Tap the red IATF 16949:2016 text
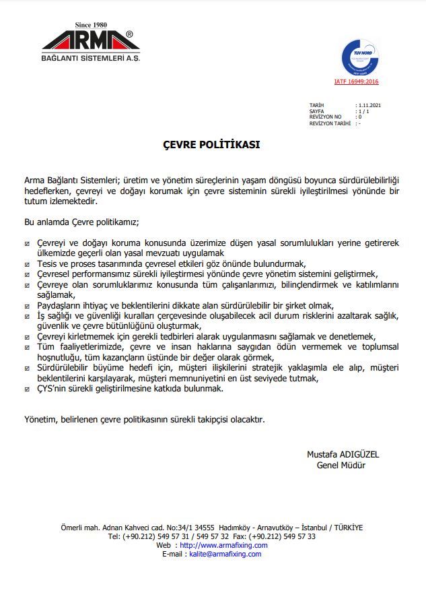(x=357, y=82)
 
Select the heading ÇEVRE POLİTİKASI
(x=212, y=144)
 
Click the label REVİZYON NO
(x=326, y=117)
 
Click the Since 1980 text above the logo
(x=91, y=25)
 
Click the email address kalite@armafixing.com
(x=225, y=554)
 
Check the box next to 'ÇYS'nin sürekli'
(x=27, y=389)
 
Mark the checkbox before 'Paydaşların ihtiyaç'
(x=27, y=306)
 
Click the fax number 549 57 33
(x=297, y=536)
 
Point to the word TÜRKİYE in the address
(x=347, y=528)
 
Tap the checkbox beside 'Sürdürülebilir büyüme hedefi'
(x=27, y=369)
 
